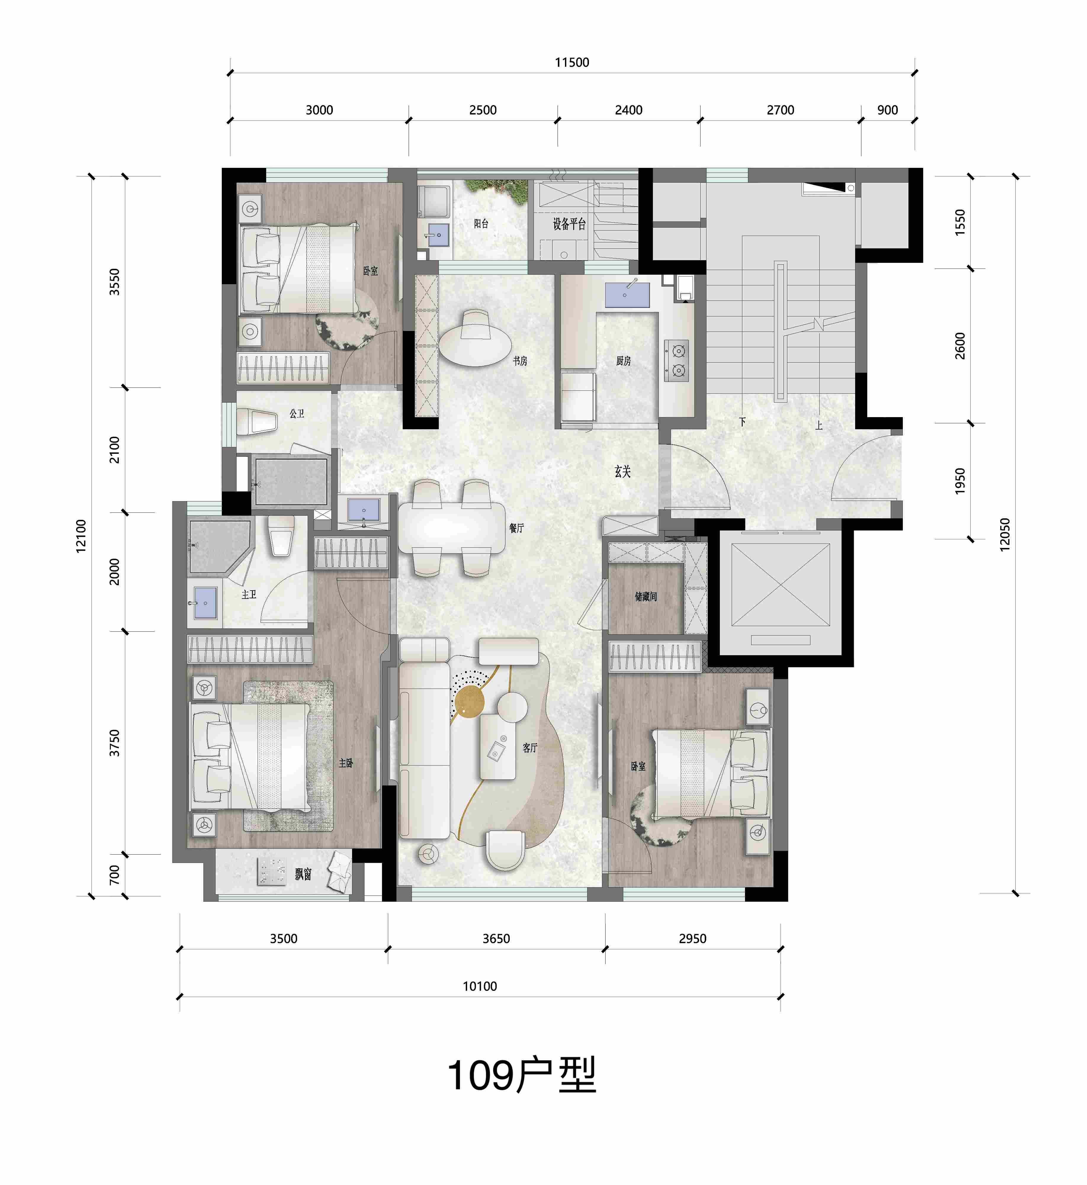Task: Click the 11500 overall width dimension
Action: pyautogui.click(x=572, y=62)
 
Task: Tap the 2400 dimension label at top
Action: pyautogui.click(x=628, y=110)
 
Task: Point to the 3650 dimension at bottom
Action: pyautogui.click(x=496, y=939)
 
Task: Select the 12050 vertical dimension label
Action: pyautogui.click(x=1005, y=534)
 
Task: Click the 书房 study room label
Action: pyautogui.click(x=520, y=361)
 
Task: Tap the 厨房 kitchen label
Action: pyautogui.click(x=624, y=361)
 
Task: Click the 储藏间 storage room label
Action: pyautogui.click(x=646, y=596)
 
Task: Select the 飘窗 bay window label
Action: pyautogui.click(x=303, y=874)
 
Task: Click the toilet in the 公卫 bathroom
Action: pyautogui.click(x=256, y=422)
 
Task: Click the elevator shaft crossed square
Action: pyautogui.click(x=781, y=585)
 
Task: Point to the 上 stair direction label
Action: pyautogui.click(x=819, y=425)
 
